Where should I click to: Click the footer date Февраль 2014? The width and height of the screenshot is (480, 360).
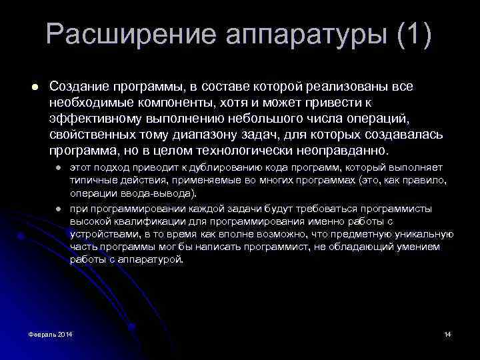coord(46,333)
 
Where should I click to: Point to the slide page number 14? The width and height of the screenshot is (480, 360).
coord(447,333)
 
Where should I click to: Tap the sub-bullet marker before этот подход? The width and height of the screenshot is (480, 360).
coord(58,167)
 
